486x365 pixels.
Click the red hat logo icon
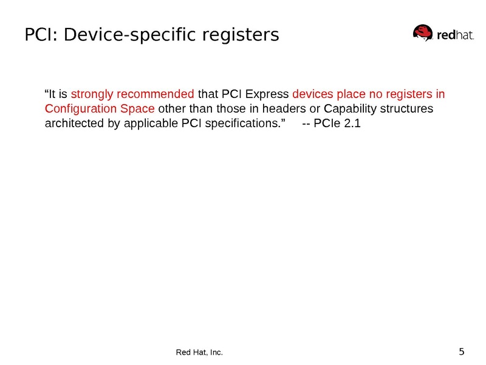(x=424, y=33)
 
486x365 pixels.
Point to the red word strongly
(x=92, y=94)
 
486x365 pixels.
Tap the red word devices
(x=312, y=94)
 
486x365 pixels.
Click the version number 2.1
(x=353, y=125)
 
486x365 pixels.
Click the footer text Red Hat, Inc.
(x=199, y=353)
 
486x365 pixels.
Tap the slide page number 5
(x=462, y=352)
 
